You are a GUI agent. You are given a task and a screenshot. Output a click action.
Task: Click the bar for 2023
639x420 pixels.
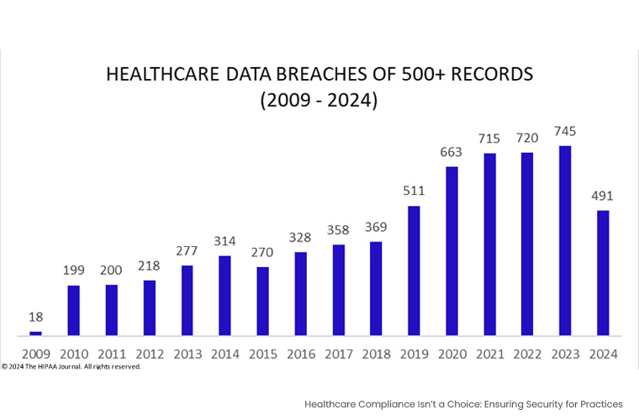[x=565, y=241]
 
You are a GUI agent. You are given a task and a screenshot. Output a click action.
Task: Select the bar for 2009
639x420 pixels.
[x=35, y=333]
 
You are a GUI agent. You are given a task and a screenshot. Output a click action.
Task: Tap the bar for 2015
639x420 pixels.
[x=262, y=302]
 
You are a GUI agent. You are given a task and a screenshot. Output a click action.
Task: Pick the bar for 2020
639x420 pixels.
[x=452, y=251]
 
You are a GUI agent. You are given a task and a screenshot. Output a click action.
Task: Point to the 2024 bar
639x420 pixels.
[x=603, y=273]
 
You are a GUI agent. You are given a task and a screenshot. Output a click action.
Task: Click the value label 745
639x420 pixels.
[x=565, y=132]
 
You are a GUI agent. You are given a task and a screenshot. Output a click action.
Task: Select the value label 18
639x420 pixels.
[x=35, y=317]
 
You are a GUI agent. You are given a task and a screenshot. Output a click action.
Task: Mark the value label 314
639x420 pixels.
[x=224, y=241]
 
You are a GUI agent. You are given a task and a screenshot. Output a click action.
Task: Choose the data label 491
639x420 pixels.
[x=603, y=197]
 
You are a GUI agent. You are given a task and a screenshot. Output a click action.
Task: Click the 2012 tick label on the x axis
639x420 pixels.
[x=149, y=354]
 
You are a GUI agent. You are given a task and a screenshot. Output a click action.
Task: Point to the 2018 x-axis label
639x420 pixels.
[x=376, y=354]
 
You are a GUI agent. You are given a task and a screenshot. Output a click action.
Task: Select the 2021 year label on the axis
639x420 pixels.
[x=489, y=354]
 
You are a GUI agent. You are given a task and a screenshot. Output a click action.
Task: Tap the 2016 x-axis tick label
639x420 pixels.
[x=300, y=354]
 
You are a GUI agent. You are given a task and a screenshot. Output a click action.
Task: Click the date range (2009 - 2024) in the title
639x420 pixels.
[x=319, y=101]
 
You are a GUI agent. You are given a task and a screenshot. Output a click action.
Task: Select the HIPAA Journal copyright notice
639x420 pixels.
[x=71, y=366]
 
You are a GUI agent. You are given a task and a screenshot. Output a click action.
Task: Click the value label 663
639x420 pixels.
[x=452, y=153]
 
